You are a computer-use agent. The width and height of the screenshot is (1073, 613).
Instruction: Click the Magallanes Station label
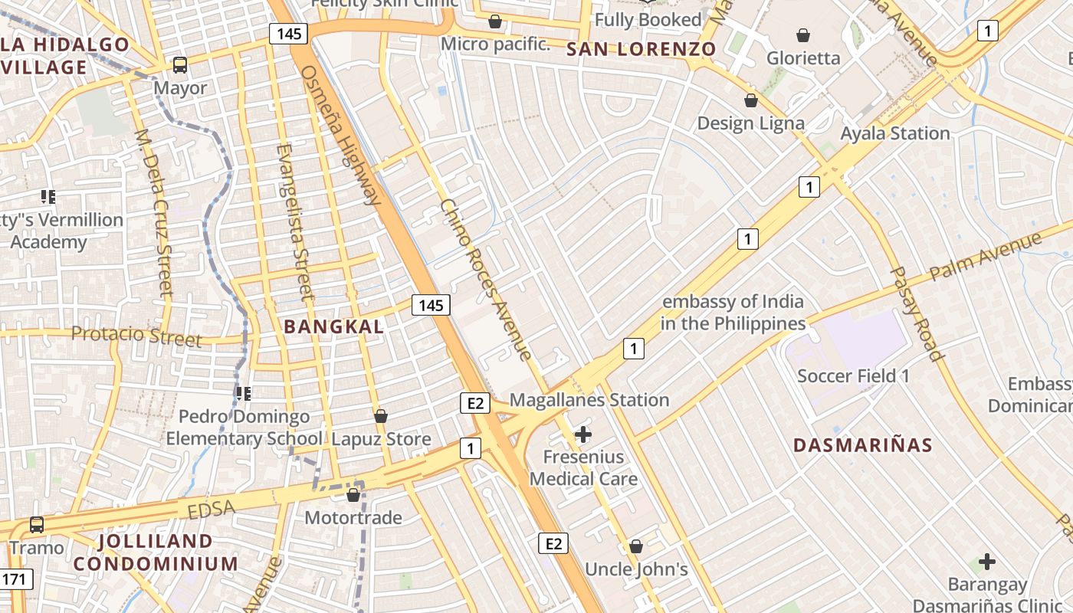coord(589,400)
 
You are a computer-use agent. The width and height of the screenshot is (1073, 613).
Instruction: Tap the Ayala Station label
coord(895,133)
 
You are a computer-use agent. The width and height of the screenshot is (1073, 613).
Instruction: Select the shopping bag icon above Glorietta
coord(803,35)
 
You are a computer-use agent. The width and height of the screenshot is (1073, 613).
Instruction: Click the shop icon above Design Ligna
coord(751,100)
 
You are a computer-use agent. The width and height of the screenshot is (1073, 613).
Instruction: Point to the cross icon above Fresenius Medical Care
coord(583,434)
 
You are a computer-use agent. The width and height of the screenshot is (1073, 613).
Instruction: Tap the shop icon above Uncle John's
coord(635,546)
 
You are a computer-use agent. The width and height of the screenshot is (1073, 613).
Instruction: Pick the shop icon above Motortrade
coord(353,495)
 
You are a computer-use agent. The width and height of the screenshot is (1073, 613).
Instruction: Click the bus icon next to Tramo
coord(37,525)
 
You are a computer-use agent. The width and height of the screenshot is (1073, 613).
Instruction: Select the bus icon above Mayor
coord(180,65)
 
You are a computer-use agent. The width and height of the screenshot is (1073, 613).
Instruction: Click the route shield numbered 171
coord(15,579)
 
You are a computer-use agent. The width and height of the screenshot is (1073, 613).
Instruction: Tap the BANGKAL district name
coord(334,327)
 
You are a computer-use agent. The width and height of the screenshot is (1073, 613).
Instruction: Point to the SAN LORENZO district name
coord(642,50)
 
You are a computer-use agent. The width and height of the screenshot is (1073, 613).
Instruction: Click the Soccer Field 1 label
coord(853,376)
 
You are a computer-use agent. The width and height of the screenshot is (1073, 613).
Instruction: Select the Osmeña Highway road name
coord(341,136)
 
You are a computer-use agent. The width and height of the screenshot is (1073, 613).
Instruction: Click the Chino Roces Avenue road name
coord(485,280)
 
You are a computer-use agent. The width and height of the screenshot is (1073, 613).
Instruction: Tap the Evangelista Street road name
coord(294,221)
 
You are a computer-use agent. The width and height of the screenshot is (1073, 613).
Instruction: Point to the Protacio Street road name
coord(136,336)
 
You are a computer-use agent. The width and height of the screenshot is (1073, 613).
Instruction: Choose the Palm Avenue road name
coord(985,257)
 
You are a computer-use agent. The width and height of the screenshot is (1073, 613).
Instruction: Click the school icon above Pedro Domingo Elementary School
coord(244,394)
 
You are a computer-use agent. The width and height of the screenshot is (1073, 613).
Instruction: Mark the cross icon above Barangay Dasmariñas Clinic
coord(987,562)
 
